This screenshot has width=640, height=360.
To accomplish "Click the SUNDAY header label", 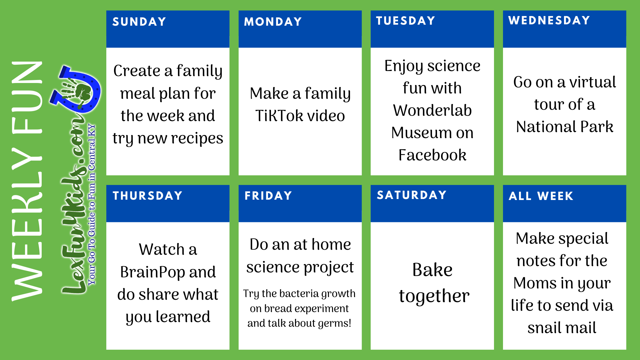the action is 139,22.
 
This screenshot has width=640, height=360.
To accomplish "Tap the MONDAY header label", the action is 273,22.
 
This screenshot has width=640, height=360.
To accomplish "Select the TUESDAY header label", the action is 406,21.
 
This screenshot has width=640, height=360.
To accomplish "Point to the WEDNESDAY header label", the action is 549,20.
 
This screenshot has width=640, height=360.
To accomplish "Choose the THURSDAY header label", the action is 148,196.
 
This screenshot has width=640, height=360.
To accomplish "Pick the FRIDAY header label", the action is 268,196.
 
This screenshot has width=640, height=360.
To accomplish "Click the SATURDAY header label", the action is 412,195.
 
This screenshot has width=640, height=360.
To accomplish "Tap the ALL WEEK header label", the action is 541,196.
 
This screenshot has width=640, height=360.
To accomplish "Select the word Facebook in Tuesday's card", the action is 432,155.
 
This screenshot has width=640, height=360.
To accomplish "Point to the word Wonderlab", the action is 432,110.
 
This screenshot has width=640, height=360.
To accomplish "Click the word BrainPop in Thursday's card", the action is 152,272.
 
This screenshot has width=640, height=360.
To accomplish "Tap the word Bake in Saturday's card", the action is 432,270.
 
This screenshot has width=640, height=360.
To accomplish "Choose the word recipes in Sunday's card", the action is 197,139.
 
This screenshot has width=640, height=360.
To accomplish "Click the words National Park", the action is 565,127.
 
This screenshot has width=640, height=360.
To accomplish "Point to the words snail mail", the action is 562,328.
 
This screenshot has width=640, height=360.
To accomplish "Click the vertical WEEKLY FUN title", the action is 27,181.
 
